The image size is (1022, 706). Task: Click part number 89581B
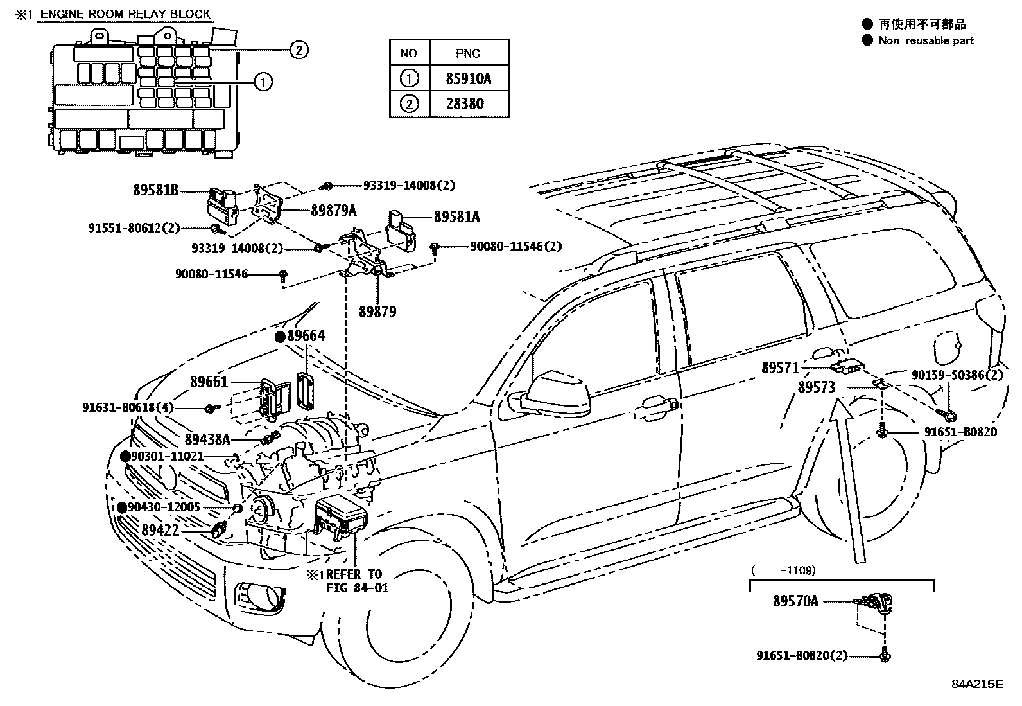coord(156,190)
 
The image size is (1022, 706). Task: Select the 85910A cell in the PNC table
coord(469,78)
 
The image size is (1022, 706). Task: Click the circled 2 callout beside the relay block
coord(299,49)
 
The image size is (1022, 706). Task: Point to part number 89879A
coord(333,210)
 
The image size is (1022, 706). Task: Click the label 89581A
coord(456,217)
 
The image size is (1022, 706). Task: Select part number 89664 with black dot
coord(306,336)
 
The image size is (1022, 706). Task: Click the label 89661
coord(209,382)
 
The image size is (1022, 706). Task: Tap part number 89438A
coord(207,439)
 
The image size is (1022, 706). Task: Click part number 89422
coord(160,530)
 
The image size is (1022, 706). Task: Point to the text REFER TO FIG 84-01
coord(353,581)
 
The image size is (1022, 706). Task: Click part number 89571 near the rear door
coord(780,368)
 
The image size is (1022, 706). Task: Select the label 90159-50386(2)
coord(957,375)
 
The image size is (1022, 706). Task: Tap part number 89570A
coord(795,601)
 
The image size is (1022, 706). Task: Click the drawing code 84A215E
coord(976,684)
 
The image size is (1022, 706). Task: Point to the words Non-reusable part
coord(926,40)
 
